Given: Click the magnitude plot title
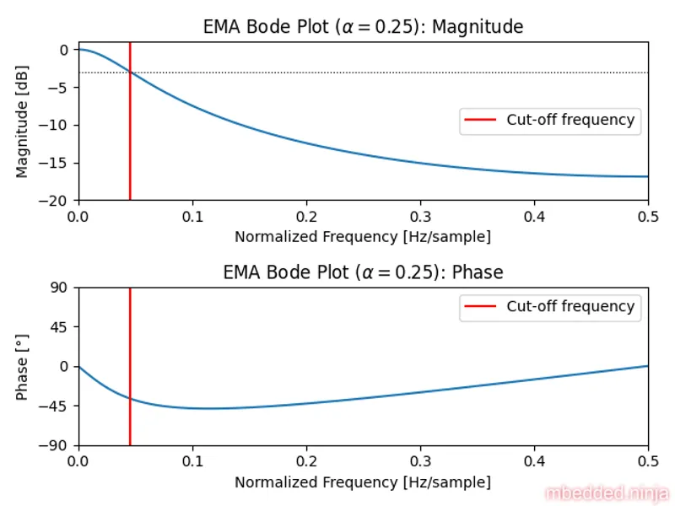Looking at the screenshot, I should coord(363,27).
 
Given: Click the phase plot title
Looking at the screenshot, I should coord(363,272).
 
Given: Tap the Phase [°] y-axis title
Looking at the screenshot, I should coord(22,366).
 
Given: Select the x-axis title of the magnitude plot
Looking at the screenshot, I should coord(363,237).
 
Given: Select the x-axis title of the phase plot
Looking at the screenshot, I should coord(363,482).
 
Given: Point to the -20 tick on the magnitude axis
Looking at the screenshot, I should coord(59,201).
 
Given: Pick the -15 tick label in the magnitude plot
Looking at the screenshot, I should coord(59,163).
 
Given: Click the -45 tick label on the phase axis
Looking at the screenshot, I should coord(59,406).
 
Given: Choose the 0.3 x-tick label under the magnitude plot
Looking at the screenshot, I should coord(420,216).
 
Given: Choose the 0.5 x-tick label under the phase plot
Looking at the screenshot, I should coord(648,461).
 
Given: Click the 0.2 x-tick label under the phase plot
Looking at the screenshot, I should coord(306,461).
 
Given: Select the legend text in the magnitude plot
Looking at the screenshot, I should coord(570,120).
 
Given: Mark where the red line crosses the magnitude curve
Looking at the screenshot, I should coord(130,73).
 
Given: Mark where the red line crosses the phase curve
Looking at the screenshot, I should coord(130,398).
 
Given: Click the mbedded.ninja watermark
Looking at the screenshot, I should coord(607,493).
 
